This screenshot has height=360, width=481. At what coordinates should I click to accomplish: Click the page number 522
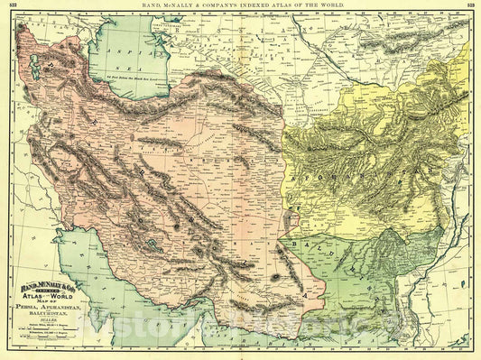point(13,6)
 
